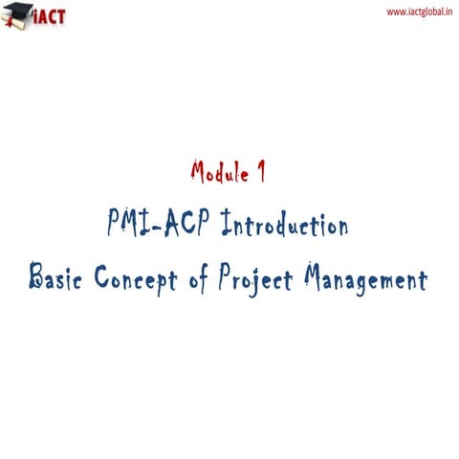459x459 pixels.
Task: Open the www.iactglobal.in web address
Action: point(417,11)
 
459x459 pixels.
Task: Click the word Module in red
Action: point(216,173)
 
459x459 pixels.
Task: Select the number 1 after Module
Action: point(260,173)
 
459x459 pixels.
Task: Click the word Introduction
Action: point(283,227)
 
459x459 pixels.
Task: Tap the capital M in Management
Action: point(315,279)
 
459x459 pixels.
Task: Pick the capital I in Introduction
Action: point(226,227)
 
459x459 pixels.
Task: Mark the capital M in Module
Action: point(198,173)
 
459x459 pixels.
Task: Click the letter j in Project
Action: point(255,282)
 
